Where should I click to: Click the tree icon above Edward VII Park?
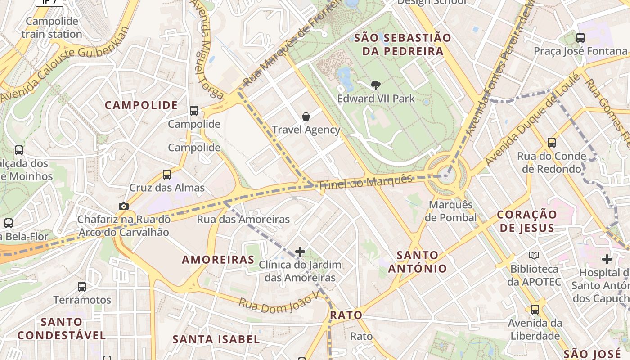[x=375, y=85]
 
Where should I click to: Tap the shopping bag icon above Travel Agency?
[x=306, y=117]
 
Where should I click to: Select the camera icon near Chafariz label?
[x=123, y=206]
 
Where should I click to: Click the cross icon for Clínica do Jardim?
[x=300, y=251]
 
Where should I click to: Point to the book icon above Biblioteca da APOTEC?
[x=534, y=256]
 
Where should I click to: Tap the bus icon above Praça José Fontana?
[x=580, y=38]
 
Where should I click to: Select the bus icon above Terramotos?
[x=82, y=287]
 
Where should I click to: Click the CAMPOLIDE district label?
[x=141, y=105]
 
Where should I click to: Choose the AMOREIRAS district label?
[x=218, y=260]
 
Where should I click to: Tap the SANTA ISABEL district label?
[x=216, y=339]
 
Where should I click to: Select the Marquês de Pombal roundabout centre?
[x=447, y=175]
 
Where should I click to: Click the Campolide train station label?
[x=52, y=27]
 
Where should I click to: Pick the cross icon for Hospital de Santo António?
[x=607, y=259]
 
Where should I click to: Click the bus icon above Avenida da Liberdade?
[x=535, y=310]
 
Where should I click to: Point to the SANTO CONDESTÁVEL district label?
[x=62, y=328]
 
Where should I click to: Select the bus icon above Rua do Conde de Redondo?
[x=552, y=143]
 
